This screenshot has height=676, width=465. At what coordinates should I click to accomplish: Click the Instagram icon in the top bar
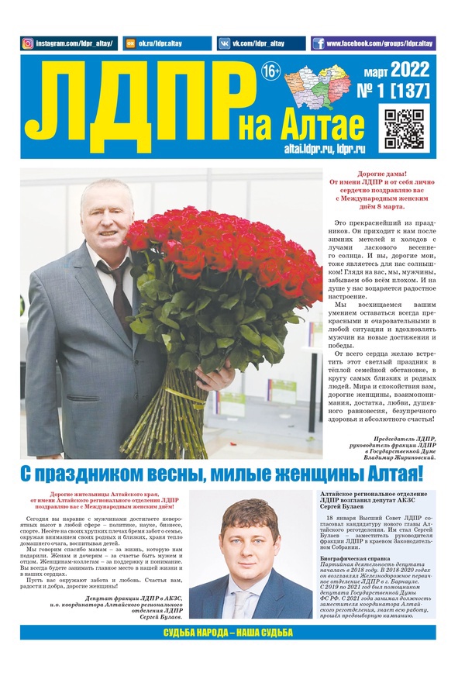(x=28, y=43)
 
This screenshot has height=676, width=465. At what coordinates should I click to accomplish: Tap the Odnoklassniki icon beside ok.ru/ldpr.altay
(x=130, y=43)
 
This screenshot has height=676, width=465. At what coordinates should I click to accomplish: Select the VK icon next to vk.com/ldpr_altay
(x=225, y=43)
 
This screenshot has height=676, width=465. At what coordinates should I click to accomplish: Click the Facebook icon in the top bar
(x=319, y=43)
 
